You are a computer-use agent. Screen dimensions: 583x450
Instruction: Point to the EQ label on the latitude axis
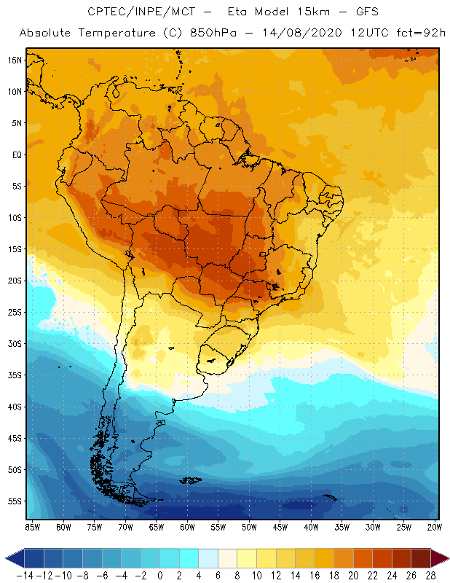point(15,154)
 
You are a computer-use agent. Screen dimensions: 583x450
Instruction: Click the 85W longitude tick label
point(32,526)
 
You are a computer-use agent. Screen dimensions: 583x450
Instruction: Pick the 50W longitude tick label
point(250,526)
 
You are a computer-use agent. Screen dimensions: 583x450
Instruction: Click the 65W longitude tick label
point(157,526)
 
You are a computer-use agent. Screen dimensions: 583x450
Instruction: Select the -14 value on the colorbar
point(25,575)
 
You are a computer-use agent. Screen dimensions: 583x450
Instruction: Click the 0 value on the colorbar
point(160,575)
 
